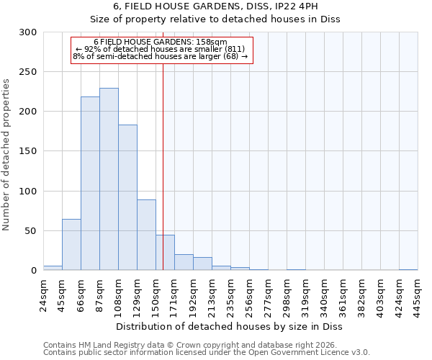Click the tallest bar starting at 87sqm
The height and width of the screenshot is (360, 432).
109,179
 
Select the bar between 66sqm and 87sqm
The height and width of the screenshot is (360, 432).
90,184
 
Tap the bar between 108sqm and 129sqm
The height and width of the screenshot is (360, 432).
127,197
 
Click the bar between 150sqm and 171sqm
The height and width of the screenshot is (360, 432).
165,253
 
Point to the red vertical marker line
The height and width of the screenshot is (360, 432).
163,144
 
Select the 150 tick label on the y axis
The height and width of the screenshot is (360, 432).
28,151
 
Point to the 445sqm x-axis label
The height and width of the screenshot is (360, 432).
418,295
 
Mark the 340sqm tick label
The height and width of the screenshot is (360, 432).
324,295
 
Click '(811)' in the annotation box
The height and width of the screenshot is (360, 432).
235,49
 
